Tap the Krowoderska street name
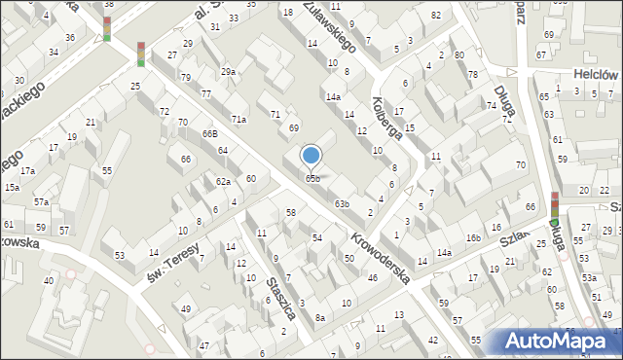point(379,252)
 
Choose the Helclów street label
point(597,74)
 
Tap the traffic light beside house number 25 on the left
point(141,54)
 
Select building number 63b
point(342,203)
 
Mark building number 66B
point(209,133)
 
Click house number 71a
point(238,119)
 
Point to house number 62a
point(223,182)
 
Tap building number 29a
point(228,72)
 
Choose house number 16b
point(473,238)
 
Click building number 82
point(436,15)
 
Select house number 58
point(290,212)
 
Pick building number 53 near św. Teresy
point(120,256)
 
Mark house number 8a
point(319,317)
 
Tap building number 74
point(493,105)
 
